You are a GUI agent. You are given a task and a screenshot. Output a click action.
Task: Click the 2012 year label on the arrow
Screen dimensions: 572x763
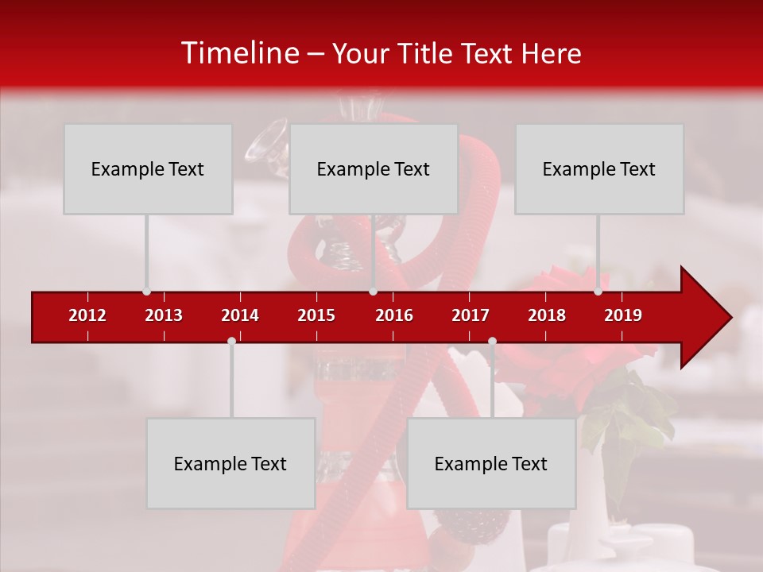pos(87,315)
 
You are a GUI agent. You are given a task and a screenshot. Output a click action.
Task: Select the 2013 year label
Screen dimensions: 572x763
pos(164,315)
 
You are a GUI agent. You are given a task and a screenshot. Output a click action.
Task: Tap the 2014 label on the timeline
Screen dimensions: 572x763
pos(240,315)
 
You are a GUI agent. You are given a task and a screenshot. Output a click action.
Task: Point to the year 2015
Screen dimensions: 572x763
pos(316,315)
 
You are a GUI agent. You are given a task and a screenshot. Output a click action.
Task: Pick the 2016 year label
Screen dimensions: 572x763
pos(394,315)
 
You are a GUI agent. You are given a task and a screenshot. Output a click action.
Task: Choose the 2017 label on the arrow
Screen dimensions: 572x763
pos(471,315)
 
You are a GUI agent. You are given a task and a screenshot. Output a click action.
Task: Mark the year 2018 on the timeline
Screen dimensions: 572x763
pos(547,315)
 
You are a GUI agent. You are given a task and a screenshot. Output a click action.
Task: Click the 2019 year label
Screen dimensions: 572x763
pos(623,315)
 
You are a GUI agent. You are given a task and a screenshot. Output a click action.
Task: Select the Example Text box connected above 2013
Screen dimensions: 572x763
pos(148,169)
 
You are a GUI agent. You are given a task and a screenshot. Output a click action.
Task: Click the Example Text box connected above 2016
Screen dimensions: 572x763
pos(374,169)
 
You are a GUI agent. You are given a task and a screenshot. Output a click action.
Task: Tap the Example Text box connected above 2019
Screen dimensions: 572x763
pos(599,169)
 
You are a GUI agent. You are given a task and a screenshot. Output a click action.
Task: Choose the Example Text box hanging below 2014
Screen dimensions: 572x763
pos(230,464)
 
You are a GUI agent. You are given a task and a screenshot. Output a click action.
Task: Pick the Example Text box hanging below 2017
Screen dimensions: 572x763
pos(491,464)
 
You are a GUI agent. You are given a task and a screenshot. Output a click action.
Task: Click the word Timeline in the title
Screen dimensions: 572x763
pos(239,53)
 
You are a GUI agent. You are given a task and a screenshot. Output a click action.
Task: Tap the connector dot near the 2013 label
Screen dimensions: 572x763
pos(146,292)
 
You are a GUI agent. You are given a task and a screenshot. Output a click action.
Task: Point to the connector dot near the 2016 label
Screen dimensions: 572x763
pos(373,292)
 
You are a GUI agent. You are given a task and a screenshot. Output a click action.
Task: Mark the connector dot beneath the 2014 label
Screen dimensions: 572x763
pos(231,342)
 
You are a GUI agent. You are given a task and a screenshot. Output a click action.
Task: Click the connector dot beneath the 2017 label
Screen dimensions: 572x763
pos(492,342)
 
